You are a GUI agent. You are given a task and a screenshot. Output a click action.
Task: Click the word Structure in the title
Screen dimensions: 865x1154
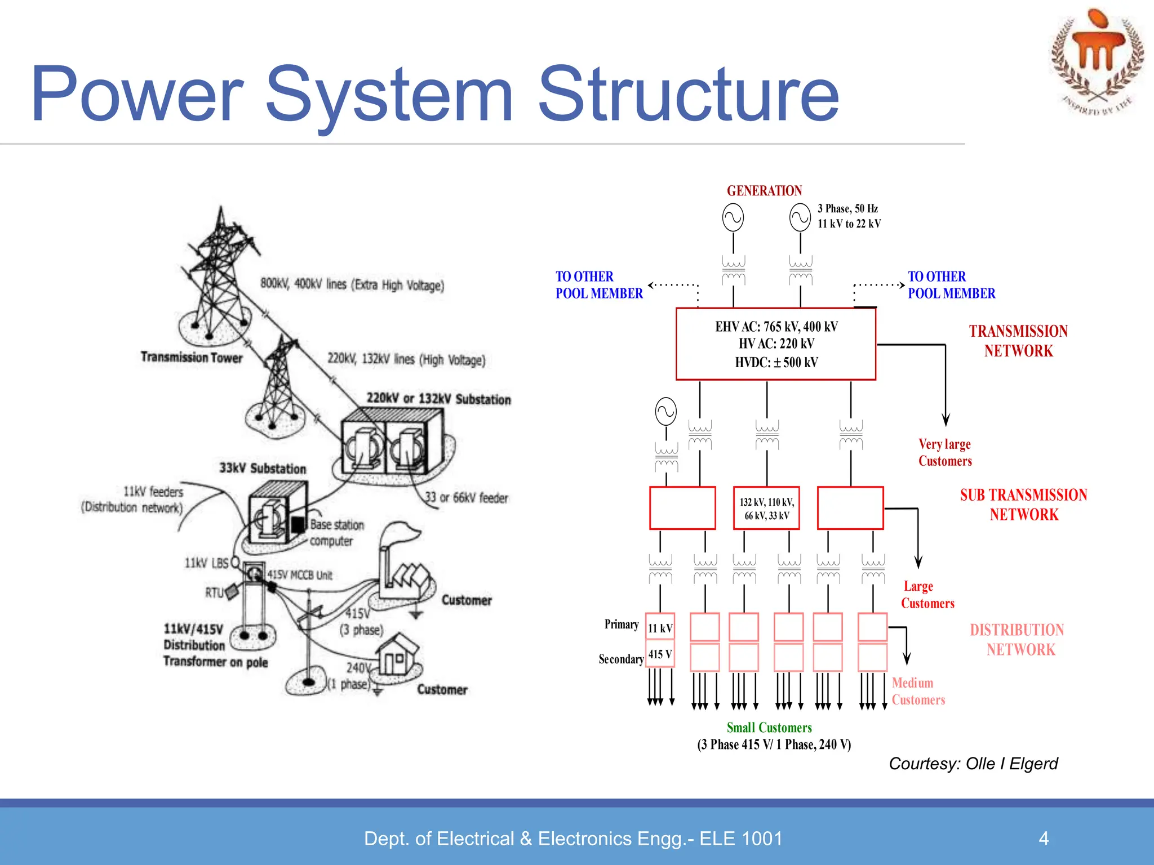click(x=688, y=95)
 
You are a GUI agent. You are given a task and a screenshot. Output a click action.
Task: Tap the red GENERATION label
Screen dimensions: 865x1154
click(x=764, y=191)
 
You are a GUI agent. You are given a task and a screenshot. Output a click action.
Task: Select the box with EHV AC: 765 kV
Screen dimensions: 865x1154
click(x=775, y=344)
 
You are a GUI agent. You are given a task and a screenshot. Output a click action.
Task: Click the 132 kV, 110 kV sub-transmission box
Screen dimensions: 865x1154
click(x=766, y=509)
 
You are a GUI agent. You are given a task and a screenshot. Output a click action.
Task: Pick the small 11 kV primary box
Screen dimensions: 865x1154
click(x=660, y=628)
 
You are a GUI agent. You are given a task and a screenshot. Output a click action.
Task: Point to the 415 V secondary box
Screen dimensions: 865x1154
click(x=660, y=654)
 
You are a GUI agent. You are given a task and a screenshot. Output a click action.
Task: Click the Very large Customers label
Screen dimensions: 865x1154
click(x=945, y=453)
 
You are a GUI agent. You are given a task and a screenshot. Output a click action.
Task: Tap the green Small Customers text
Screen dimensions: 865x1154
click(x=769, y=728)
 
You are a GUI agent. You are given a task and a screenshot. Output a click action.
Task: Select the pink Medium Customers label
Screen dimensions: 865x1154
click(x=918, y=692)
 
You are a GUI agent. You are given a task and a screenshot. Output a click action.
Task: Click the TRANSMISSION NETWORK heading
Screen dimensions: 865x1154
click(x=1018, y=341)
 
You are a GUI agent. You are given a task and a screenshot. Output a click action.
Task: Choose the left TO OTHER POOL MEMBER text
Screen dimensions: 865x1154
click(x=598, y=285)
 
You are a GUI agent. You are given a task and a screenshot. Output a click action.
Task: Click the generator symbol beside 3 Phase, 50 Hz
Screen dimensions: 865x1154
click(x=800, y=218)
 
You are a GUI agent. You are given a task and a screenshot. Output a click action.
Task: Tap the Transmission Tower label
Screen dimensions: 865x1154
click(x=192, y=357)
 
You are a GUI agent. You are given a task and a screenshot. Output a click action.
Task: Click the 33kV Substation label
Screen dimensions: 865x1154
click(x=263, y=469)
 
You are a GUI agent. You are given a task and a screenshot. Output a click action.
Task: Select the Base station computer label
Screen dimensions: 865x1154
click(x=336, y=533)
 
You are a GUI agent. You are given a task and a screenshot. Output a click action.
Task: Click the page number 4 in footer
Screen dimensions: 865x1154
click(x=1044, y=839)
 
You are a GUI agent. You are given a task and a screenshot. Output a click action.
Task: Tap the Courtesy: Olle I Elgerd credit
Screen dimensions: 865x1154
click(x=973, y=764)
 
